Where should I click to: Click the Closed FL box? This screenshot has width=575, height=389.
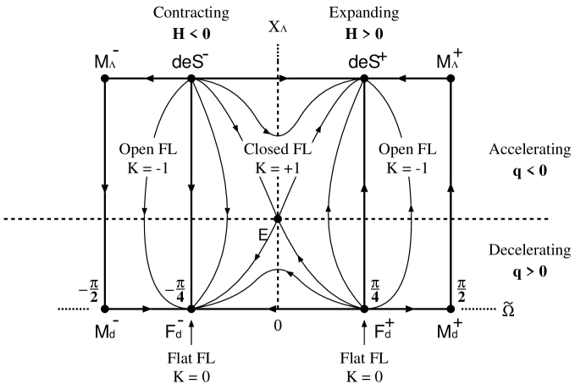[x=278, y=158]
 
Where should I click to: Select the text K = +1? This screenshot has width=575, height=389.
[x=278, y=167]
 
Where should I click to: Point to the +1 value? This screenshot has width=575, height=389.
[x=293, y=167]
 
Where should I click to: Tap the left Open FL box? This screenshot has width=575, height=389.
[x=148, y=158]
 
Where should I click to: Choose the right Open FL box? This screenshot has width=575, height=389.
[x=407, y=158]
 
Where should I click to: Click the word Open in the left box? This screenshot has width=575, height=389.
[x=136, y=150]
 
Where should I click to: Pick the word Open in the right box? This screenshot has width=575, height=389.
[x=395, y=150]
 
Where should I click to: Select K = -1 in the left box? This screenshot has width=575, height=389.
[x=148, y=167]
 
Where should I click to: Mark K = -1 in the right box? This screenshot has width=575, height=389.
[x=407, y=167]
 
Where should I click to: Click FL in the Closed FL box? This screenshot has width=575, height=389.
[x=301, y=150]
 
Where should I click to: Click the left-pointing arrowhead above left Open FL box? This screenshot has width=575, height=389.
[x=150, y=79]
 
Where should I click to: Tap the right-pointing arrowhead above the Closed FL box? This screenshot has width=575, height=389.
[x=284, y=79]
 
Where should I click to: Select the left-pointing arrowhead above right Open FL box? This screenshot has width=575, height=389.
[x=401, y=79]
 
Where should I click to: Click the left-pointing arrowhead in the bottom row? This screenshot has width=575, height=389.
[x=271, y=309]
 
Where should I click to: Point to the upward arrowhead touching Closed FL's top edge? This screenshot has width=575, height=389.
[x=266, y=131]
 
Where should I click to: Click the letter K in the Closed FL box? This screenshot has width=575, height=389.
[x=261, y=167]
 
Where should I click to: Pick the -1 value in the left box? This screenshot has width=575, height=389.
[x=163, y=167]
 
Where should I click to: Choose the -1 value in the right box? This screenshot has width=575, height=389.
[x=422, y=167]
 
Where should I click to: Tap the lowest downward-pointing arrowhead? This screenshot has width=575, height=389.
[x=290, y=274]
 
